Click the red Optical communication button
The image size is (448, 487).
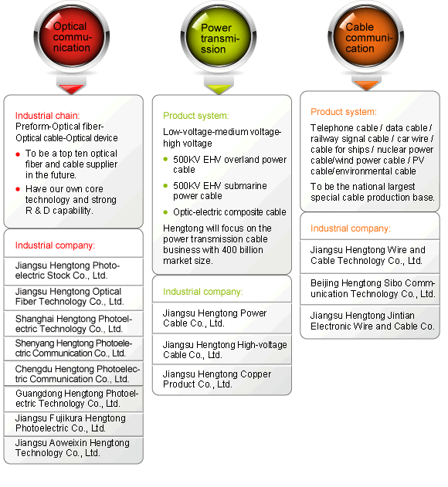72,36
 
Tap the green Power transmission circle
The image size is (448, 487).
219,36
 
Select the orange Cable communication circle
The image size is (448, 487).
366,36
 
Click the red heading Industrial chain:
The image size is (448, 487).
47,116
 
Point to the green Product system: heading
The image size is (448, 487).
196,116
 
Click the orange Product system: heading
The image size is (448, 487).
344,112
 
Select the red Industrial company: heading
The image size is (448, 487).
55,245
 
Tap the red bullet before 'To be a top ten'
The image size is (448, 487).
18,154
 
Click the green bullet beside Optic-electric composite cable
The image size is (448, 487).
165,212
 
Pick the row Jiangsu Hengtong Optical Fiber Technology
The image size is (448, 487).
73,297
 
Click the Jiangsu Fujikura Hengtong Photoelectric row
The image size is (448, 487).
73,424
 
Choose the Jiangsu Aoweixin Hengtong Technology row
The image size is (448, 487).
73,448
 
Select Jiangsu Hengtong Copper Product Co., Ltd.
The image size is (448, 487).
222,380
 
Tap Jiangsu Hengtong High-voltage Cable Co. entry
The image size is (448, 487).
222,350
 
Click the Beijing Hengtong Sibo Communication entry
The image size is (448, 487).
370,289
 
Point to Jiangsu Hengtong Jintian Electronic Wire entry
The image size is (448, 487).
370,321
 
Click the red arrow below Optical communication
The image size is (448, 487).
71,88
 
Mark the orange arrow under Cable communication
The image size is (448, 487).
366,84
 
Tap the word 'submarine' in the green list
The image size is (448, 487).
246,186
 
